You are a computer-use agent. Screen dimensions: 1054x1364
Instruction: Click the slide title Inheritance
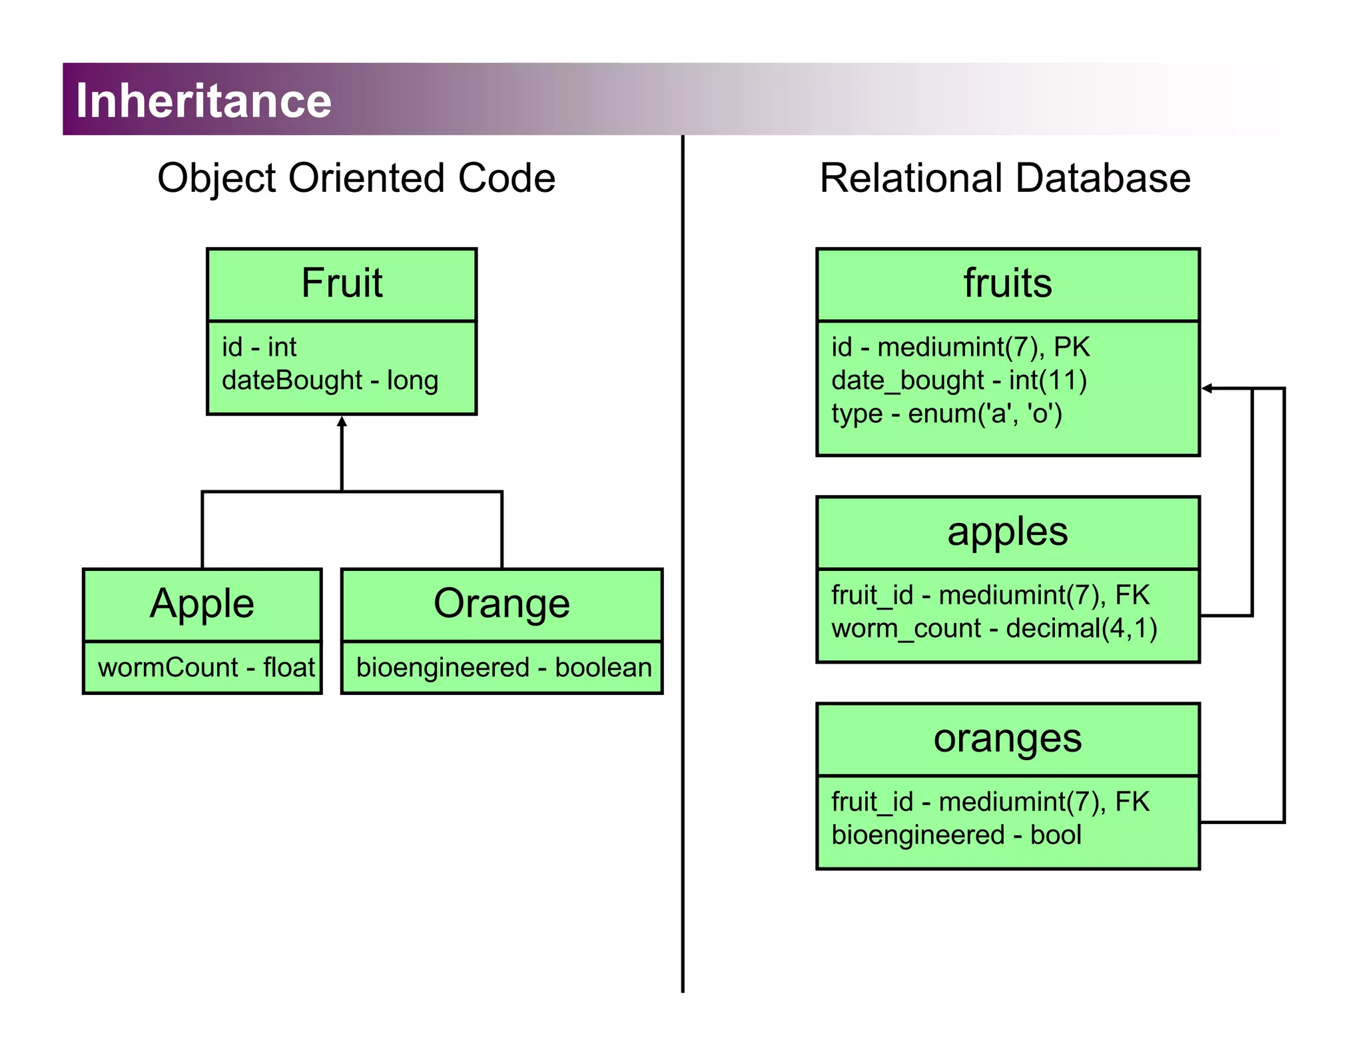[203, 100]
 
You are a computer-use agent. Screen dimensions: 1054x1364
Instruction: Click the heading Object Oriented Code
[356, 178]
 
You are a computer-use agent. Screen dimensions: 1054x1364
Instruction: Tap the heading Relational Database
[1004, 178]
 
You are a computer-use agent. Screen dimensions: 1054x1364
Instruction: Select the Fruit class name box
[342, 283]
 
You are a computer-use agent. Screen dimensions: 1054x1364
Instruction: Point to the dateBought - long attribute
[330, 380]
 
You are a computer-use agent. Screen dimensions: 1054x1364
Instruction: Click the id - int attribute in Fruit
[258, 347]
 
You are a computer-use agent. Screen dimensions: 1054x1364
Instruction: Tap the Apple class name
[202, 604]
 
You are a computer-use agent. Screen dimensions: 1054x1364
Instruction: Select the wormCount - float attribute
[206, 667]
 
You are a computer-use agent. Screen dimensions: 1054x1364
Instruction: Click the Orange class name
[502, 604]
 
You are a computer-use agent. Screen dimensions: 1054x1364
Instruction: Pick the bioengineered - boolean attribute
[504, 667]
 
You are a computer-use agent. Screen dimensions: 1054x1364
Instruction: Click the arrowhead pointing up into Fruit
[342, 421]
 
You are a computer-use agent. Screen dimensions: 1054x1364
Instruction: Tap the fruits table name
[1007, 283]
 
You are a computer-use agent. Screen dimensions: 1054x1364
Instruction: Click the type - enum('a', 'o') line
[946, 414]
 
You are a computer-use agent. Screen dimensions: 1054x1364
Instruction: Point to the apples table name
[1007, 532]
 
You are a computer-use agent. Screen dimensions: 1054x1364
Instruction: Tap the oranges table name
[1007, 738]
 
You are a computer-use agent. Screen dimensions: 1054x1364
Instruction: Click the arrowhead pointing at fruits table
[1207, 388]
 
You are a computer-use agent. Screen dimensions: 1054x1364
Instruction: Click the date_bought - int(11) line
[958, 380]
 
